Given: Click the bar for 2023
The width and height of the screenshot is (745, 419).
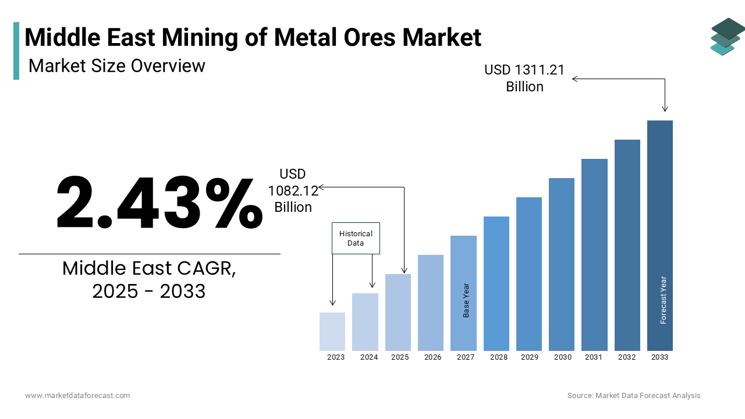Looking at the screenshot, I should [x=332, y=332].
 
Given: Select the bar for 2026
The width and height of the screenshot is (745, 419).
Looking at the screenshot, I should [x=431, y=303].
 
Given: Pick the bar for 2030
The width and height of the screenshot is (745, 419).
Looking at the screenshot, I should [x=562, y=264].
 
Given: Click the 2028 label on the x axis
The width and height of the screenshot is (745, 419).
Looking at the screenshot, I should [x=499, y=357].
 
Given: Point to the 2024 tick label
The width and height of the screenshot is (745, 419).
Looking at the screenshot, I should [x=369, y=357].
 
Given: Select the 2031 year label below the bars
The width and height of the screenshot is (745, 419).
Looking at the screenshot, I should [x=594, y=357].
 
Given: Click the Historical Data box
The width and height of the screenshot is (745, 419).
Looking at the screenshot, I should [x=356, y=238].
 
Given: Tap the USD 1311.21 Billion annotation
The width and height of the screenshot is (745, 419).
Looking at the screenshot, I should [x=524, y=78].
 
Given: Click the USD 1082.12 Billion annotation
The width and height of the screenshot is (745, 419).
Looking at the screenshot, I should [x=293, y=190].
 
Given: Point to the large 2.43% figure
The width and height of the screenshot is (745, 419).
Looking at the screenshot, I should [x=158, y=204].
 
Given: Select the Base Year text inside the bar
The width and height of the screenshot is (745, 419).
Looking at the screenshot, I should [x=466, y=300].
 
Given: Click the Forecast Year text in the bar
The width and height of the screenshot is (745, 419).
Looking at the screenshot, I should [x=664, y=300].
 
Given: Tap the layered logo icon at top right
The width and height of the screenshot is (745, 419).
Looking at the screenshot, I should [x=726, y=36].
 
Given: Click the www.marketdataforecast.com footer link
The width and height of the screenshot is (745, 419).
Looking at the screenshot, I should [x=77, y=396].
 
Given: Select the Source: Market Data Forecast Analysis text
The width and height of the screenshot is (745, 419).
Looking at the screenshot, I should [x=634, y=396].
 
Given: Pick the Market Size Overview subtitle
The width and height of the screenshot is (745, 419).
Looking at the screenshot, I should [x=116, y=66].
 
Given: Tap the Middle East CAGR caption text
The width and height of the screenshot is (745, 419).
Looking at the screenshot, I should [x=149, y=279].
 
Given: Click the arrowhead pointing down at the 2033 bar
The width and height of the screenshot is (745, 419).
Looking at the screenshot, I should [x=665, y=108].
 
